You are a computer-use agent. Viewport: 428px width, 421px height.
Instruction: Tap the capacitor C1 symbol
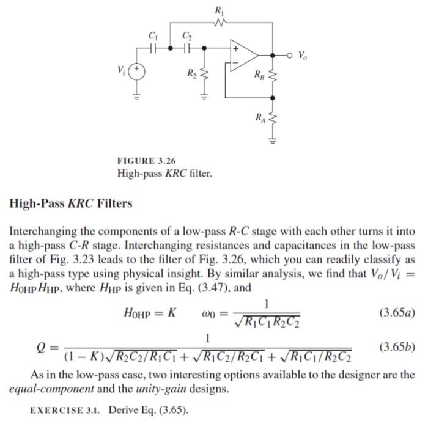[x=155, y=46]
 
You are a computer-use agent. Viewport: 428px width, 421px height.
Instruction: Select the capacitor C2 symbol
[x=186, y=46]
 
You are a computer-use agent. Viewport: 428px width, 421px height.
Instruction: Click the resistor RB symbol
[x=274, y=76]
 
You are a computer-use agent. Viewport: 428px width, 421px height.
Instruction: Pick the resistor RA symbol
[x=274, y=118]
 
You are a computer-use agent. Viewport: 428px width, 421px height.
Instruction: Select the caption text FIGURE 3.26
[x=146, y=161]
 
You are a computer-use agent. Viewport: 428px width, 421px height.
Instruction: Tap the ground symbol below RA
[x=274, y=139]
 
